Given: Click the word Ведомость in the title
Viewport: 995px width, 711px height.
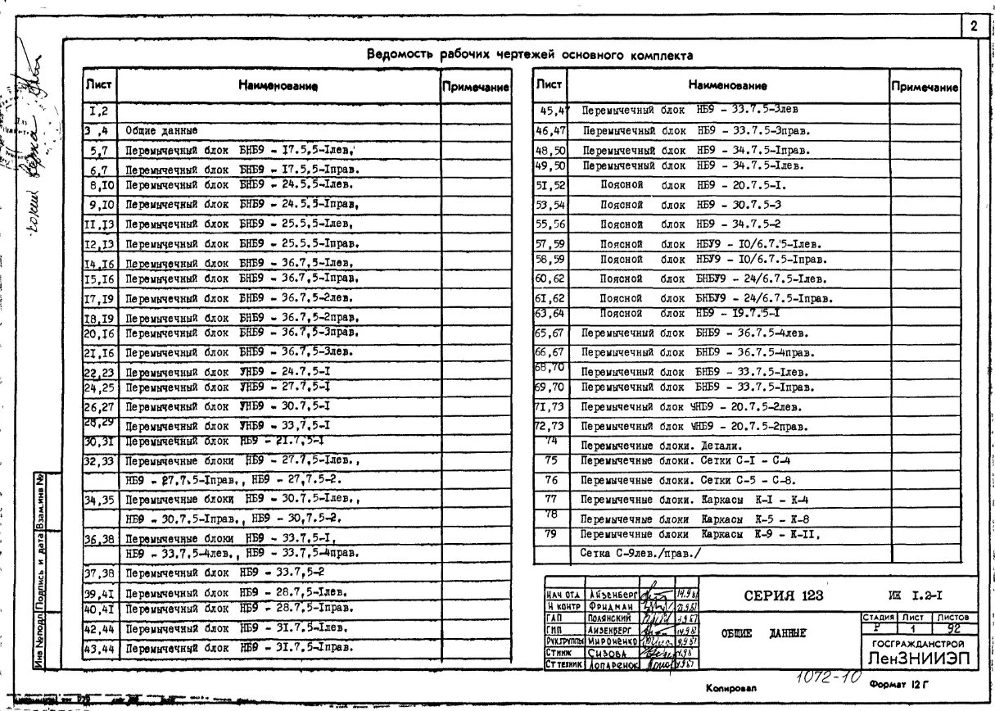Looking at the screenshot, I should (x=401, y=56).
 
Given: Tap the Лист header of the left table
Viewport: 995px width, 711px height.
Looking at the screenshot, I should (x=102, y=84).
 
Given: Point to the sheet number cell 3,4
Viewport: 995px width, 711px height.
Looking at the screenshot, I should (x=102, y=129).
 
